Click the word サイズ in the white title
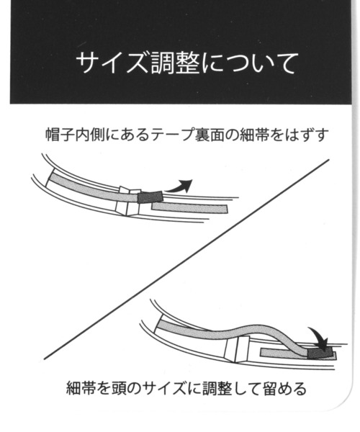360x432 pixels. [113, 63]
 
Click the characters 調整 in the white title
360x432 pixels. [175, 63]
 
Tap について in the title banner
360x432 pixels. [250, 63]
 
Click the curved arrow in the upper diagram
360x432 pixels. [179, 186]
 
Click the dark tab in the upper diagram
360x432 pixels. [150, 197]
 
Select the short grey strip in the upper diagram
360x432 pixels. [189, 208]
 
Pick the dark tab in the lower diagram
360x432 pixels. [319, 353]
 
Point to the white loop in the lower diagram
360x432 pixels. [238, 349]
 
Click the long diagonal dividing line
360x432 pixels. [186, 259]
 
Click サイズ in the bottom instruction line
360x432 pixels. [165, 389]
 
